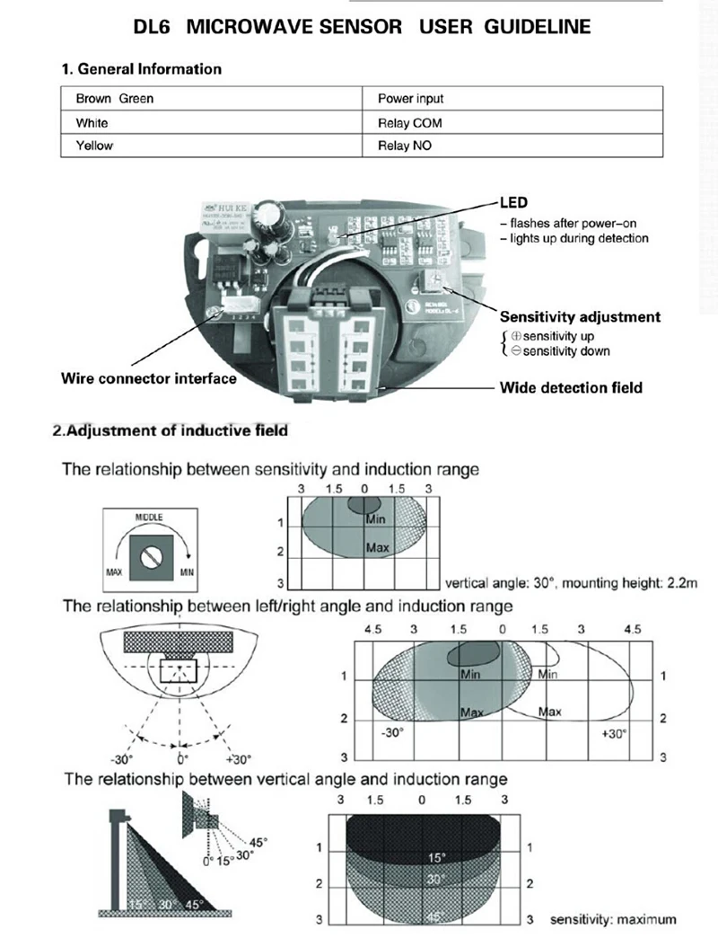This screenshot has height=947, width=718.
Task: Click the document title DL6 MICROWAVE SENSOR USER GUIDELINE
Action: (362, 27)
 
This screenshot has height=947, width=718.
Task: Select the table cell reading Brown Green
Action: (114, 99)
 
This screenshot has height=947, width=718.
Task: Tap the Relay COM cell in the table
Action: (409, 122)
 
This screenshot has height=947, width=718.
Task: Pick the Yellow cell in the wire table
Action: (93, 146)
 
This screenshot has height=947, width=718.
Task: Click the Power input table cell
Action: (410, 99)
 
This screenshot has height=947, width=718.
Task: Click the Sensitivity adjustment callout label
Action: (580, 316)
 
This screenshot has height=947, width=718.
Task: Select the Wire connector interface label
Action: (149, 378)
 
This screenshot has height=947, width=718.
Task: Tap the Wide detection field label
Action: (571, 388)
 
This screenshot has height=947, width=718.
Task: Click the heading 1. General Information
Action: (141, 69)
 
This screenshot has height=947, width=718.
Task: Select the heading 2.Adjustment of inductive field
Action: (171, 431)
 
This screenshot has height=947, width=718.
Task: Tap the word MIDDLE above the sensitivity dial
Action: (149, 518)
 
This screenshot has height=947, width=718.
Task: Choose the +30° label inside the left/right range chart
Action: (613, 733)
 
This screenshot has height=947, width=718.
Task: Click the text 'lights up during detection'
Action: (579, 238)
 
